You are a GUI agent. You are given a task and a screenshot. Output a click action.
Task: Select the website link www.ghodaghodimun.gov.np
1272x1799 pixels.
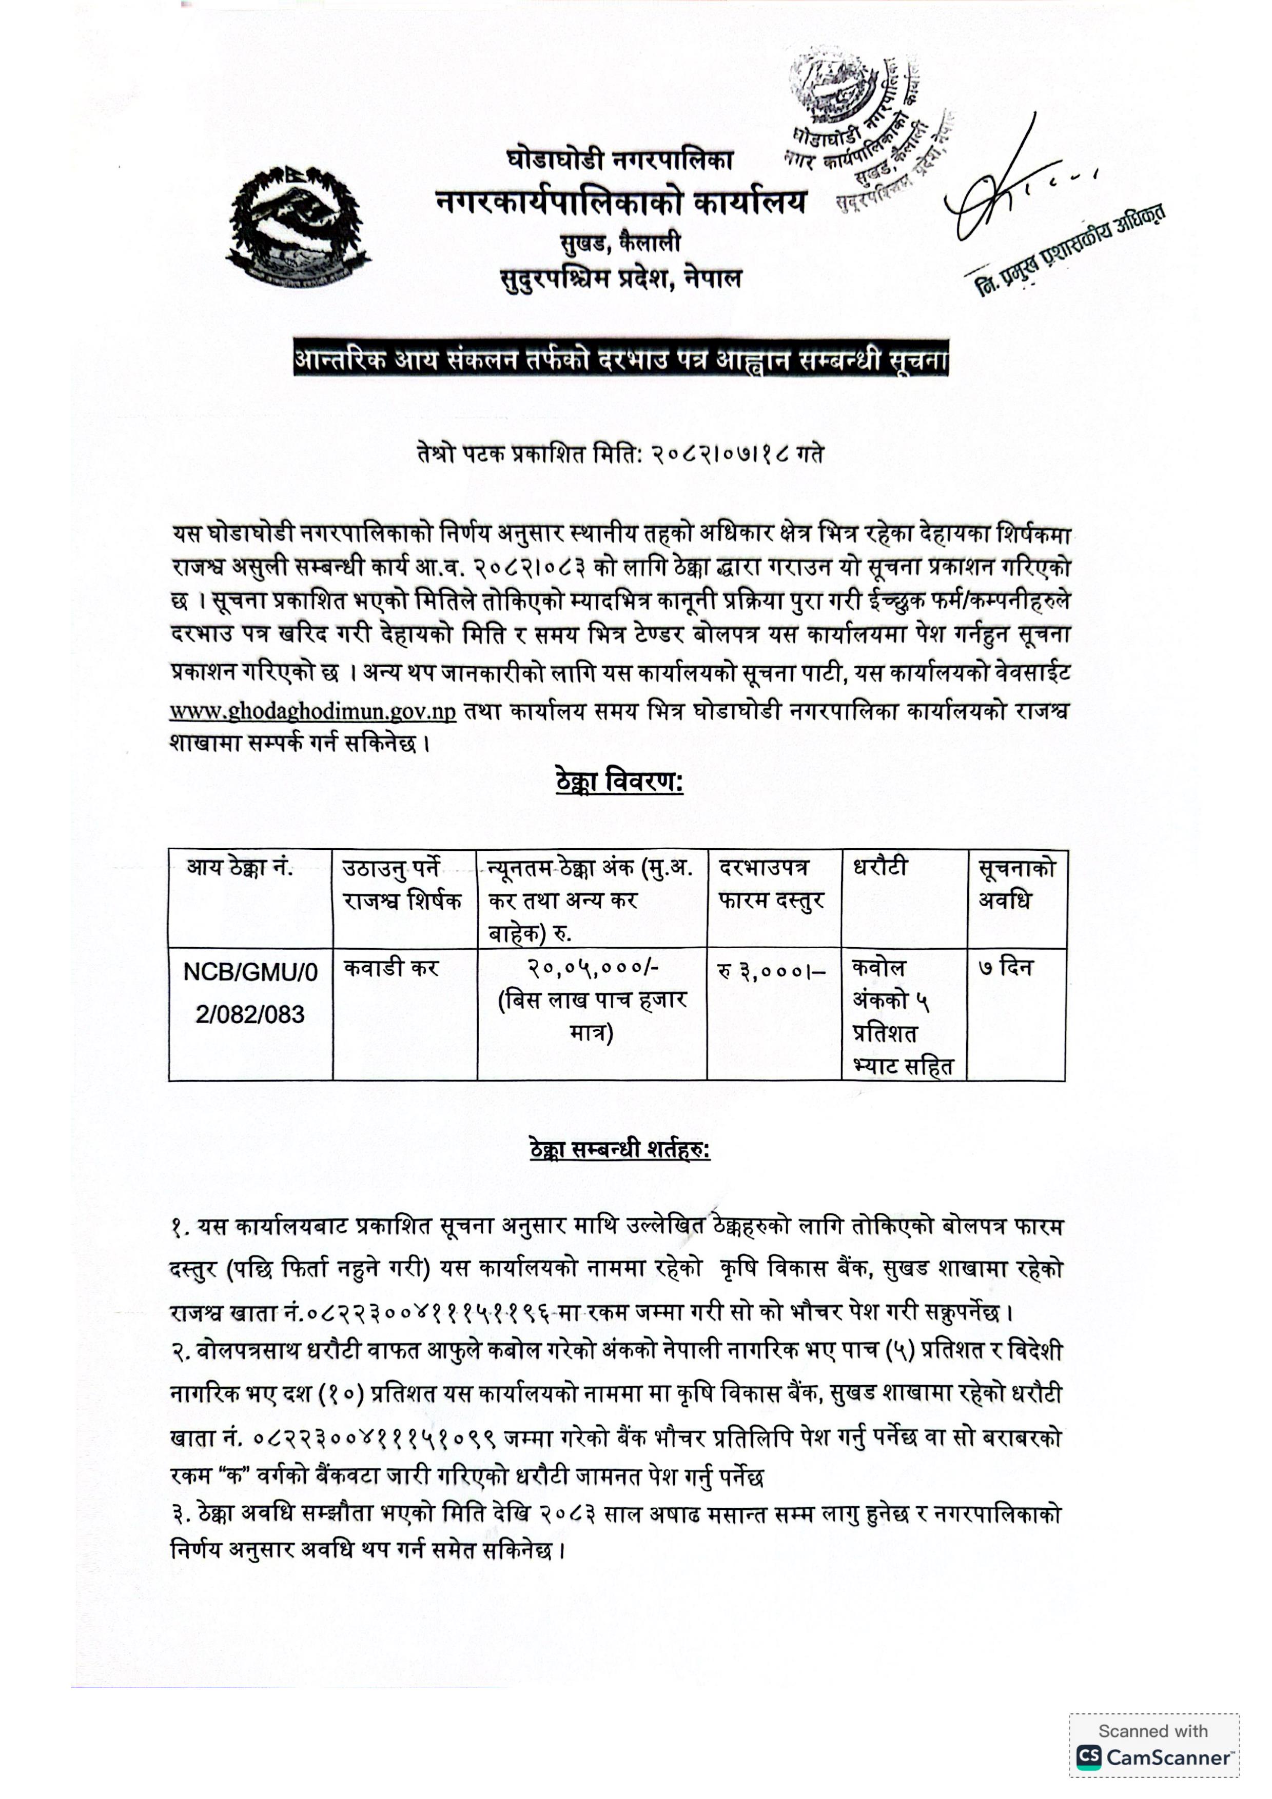click(312, 711)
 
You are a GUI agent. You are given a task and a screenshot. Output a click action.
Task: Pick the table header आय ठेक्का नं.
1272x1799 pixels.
click(240, 868)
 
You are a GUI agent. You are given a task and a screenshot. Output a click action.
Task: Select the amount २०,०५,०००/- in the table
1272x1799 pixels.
click(593, 968)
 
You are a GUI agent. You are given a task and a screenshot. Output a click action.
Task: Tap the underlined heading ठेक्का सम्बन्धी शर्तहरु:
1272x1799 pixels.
click(619, 1150)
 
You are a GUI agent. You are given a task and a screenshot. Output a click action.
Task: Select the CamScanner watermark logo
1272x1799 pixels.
click(1153, 1756)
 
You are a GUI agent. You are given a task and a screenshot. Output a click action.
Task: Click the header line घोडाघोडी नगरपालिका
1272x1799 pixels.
click(619, 161)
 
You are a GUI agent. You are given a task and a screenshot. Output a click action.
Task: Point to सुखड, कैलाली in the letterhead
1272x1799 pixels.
click(619, 243)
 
